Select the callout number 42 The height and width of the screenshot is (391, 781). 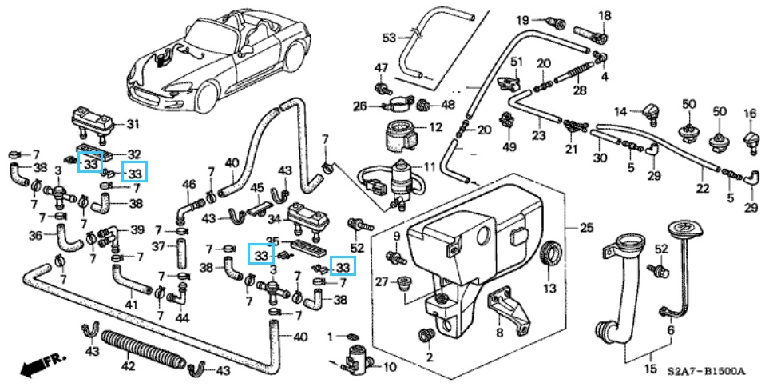coord(129,367)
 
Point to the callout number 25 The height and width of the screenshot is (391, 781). coord(586,229)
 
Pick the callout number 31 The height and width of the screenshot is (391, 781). coord(133,124)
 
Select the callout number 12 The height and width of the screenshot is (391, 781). coord(435,127)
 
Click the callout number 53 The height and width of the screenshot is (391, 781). coord(389,38)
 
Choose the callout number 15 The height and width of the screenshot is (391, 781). coord(651,369)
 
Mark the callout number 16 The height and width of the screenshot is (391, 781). coord(750,113)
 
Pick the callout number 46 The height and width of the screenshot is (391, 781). coord(189,185)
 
